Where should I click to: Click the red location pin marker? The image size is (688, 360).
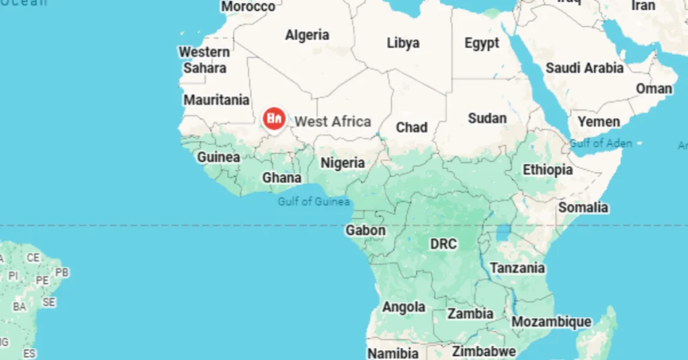[x=273, y=119]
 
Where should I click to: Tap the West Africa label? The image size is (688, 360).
[x=333, y=122]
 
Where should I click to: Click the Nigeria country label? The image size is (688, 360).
[x=343, y=163]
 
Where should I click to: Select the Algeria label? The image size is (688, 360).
[x=307, y=35]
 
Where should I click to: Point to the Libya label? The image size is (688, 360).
[x=403, y=43]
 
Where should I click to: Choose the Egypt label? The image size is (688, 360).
[x=482, y=43]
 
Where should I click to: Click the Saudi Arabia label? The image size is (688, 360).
[x=584, y=68]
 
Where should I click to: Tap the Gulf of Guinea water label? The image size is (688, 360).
[x=314, y=201]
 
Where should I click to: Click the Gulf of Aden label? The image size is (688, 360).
[x=601, y=143]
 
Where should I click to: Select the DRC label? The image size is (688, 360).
[x=443, y=244]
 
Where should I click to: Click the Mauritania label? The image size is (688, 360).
[x=216, y=100]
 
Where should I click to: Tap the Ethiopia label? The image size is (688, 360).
[x=548, y=170]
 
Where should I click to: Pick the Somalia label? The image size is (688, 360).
[x=583, y=208]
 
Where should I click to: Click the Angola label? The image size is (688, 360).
[x=404, y=307]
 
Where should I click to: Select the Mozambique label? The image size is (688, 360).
[x=552, y=322]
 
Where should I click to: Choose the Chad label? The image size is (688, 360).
[x=411, y=127]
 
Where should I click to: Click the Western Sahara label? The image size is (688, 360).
[x=204, y=60]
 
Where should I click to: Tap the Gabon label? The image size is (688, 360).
[x=365, y=230]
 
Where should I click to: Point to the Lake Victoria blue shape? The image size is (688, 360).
[x=503, y=233]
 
